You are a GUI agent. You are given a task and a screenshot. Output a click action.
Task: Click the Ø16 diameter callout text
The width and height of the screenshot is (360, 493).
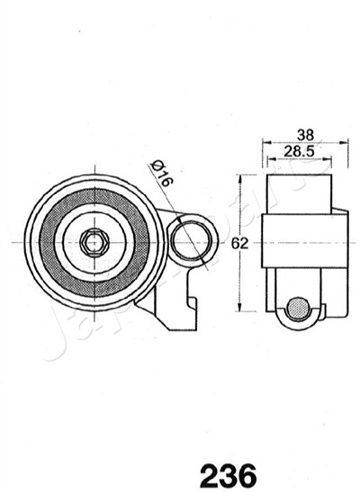(162, 172)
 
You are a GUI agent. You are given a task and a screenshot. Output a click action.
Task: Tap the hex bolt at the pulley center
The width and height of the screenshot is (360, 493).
(94, 241)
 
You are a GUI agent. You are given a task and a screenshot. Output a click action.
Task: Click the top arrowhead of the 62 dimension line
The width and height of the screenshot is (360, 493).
(239, 178)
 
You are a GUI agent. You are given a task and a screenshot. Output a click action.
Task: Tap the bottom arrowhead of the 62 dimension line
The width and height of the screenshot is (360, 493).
(239, 308)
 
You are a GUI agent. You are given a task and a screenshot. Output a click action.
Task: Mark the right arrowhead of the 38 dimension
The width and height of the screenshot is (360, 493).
(346, 141)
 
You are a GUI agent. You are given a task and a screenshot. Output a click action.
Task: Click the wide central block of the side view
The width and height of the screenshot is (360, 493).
(304, 241)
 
